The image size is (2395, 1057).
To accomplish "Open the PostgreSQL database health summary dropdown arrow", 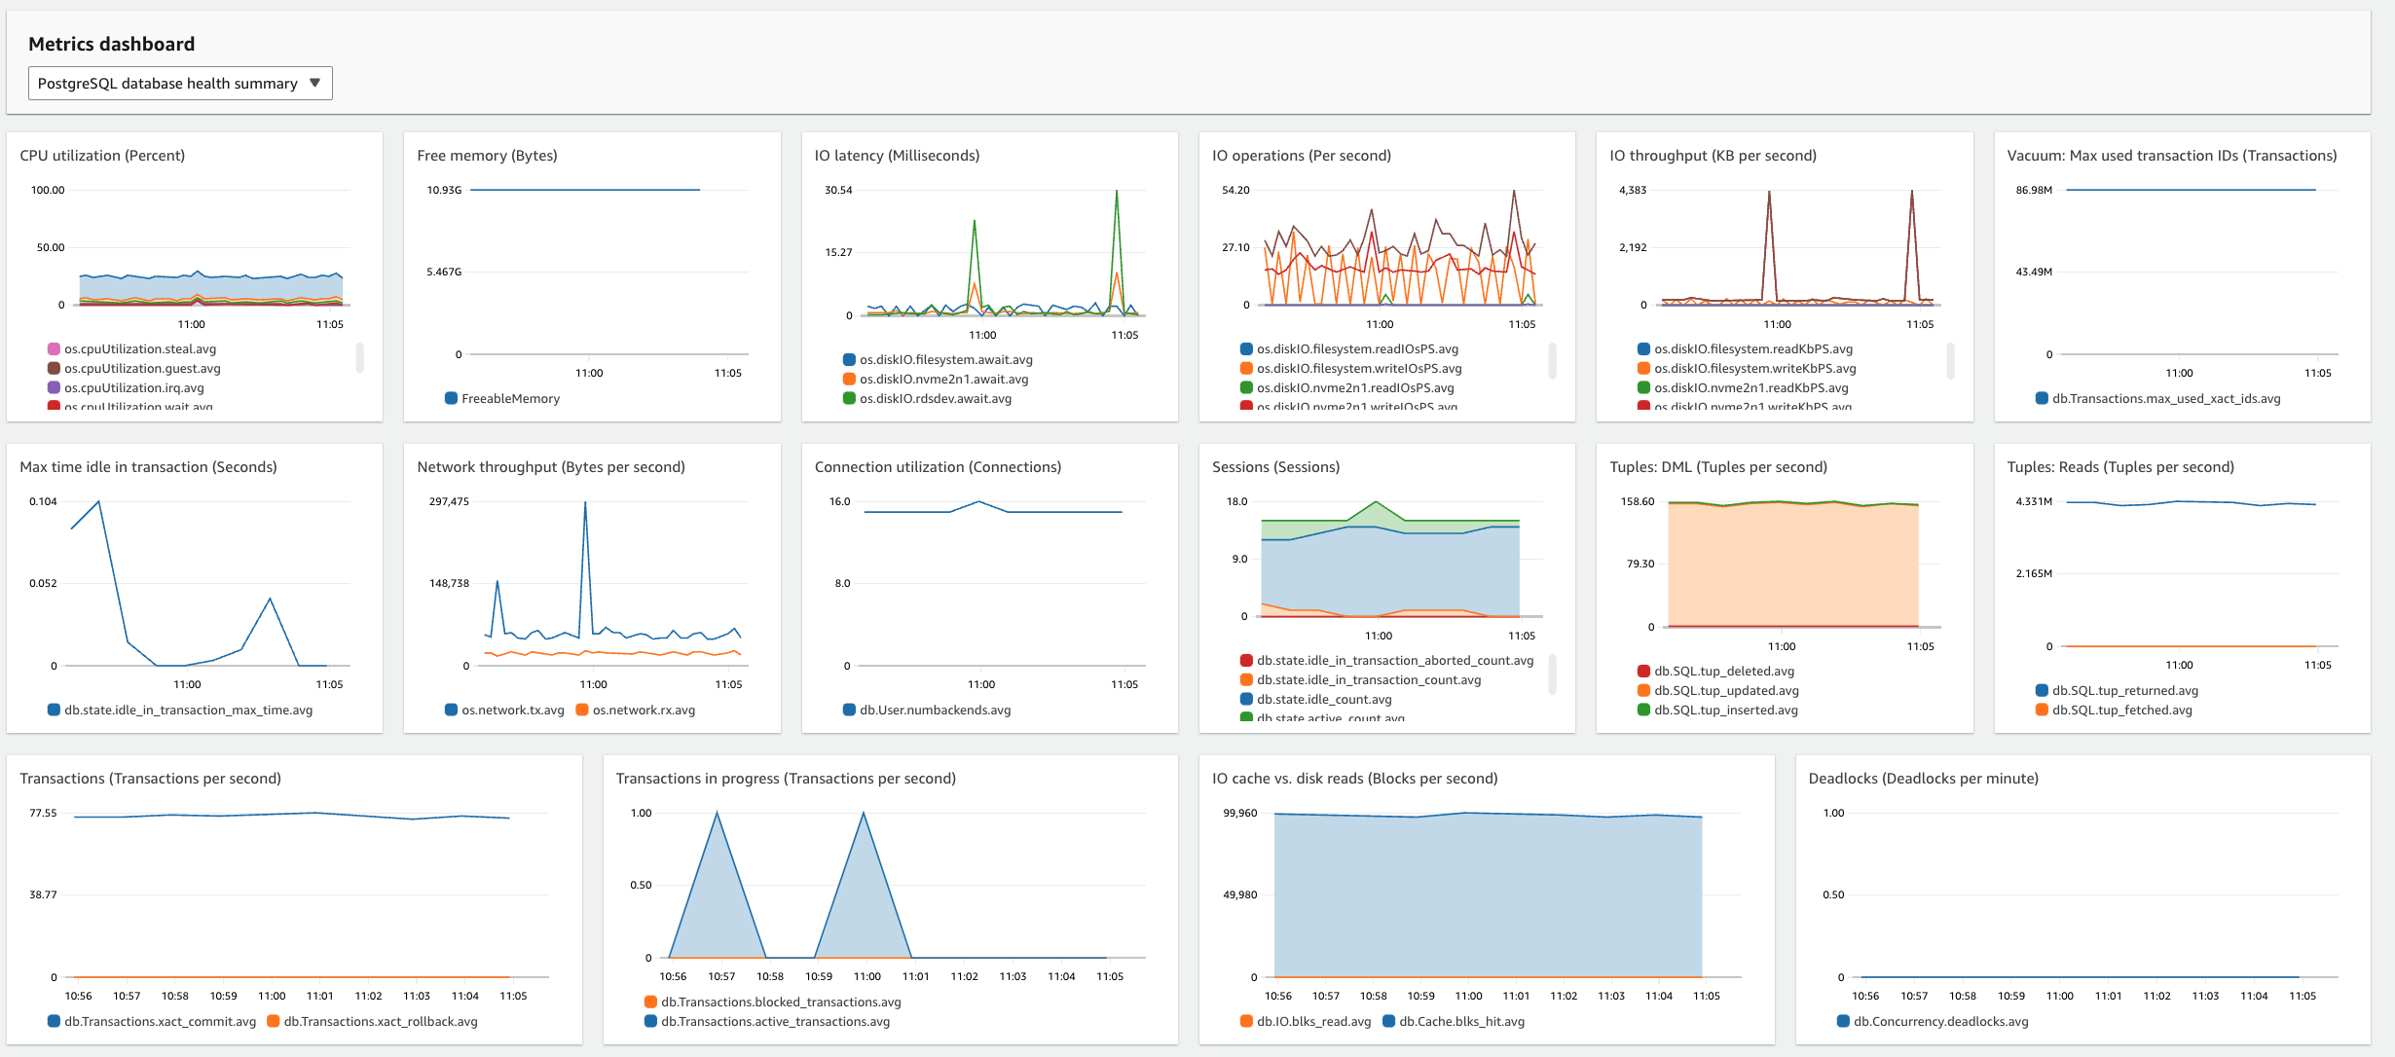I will (314, 83).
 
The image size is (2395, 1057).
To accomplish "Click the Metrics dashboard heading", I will (111, 44).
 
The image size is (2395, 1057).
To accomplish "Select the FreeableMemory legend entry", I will (510, 398).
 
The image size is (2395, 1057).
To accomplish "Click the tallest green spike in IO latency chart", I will (1116, 193).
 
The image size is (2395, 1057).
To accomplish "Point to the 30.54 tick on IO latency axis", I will (838, 190).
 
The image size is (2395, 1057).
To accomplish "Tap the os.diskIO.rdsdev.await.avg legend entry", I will (935, 398).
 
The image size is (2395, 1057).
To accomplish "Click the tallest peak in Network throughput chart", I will (585, 504).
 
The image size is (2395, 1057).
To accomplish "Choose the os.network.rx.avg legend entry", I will (644, 710).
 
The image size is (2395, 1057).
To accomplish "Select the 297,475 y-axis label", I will (449, 501).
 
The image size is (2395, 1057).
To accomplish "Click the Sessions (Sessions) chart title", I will (1275, 467).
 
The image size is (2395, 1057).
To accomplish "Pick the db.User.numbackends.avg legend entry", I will (935, 710).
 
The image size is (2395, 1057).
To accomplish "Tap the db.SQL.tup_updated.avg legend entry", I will (1726, 690).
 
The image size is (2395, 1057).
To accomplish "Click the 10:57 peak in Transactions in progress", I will (718, 814).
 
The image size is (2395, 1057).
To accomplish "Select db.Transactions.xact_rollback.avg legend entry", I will (380, 1021).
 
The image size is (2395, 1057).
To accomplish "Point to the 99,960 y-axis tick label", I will (1239, 813).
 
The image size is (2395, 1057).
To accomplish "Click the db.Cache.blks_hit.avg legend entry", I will (1461, 1021).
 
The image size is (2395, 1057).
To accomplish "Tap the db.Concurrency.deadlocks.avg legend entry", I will (1940, 1021).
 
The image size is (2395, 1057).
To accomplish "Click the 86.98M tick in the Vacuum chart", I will (2034, 190).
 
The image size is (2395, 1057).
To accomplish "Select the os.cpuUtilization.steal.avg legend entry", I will (140, 348).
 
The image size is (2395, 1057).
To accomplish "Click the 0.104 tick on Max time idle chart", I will (43, 501).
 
